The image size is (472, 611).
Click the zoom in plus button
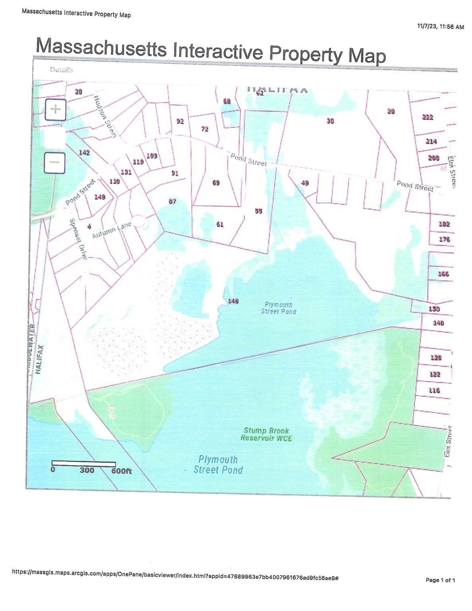[55, 109]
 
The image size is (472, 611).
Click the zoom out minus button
[54, 163]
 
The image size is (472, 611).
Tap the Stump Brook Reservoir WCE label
[266, 434]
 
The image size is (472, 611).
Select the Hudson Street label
[105, 117]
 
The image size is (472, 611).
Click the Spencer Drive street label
[78, 239]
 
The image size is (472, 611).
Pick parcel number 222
[427, 117]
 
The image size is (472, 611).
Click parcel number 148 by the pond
[233, 301]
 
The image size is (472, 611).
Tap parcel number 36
[330, 121]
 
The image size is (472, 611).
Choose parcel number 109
[152, 156]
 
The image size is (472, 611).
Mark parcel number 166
[443, 274]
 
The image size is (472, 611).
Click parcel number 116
[434, 390]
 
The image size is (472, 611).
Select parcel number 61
[219, 224]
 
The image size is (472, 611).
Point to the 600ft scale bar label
[121, 471]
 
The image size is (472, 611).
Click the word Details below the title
[61, 70]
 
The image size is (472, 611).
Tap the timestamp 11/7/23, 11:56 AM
[440, 27]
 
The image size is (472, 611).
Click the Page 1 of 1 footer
[440, 580]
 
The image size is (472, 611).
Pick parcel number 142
[84, 153]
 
